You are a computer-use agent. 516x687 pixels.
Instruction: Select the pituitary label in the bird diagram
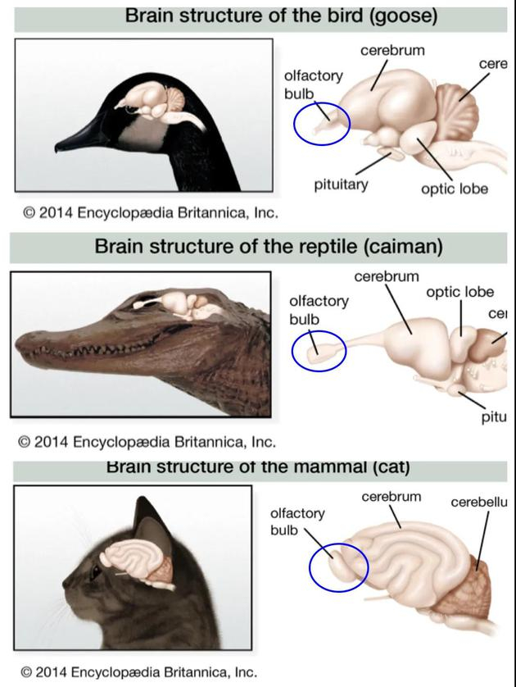point(341,184)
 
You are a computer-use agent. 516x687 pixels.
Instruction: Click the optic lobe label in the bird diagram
point(455,189)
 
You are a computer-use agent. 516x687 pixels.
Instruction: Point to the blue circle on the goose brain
point(322,123)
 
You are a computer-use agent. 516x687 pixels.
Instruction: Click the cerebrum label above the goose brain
point(392,51)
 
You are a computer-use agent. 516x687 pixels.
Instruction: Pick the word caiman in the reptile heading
point(405,245)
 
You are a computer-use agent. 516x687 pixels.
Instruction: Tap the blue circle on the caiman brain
point(319,351)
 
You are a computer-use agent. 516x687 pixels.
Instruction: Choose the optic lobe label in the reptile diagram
point(459,292)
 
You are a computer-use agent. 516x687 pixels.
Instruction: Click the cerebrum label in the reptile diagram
point(387,276)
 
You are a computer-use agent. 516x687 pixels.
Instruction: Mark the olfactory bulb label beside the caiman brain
point(319,309)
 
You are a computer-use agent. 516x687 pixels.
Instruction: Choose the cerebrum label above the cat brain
point(391,497)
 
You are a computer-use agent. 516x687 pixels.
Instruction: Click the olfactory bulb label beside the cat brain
point(297,521)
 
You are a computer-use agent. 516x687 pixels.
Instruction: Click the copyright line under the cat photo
point(138,672)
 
